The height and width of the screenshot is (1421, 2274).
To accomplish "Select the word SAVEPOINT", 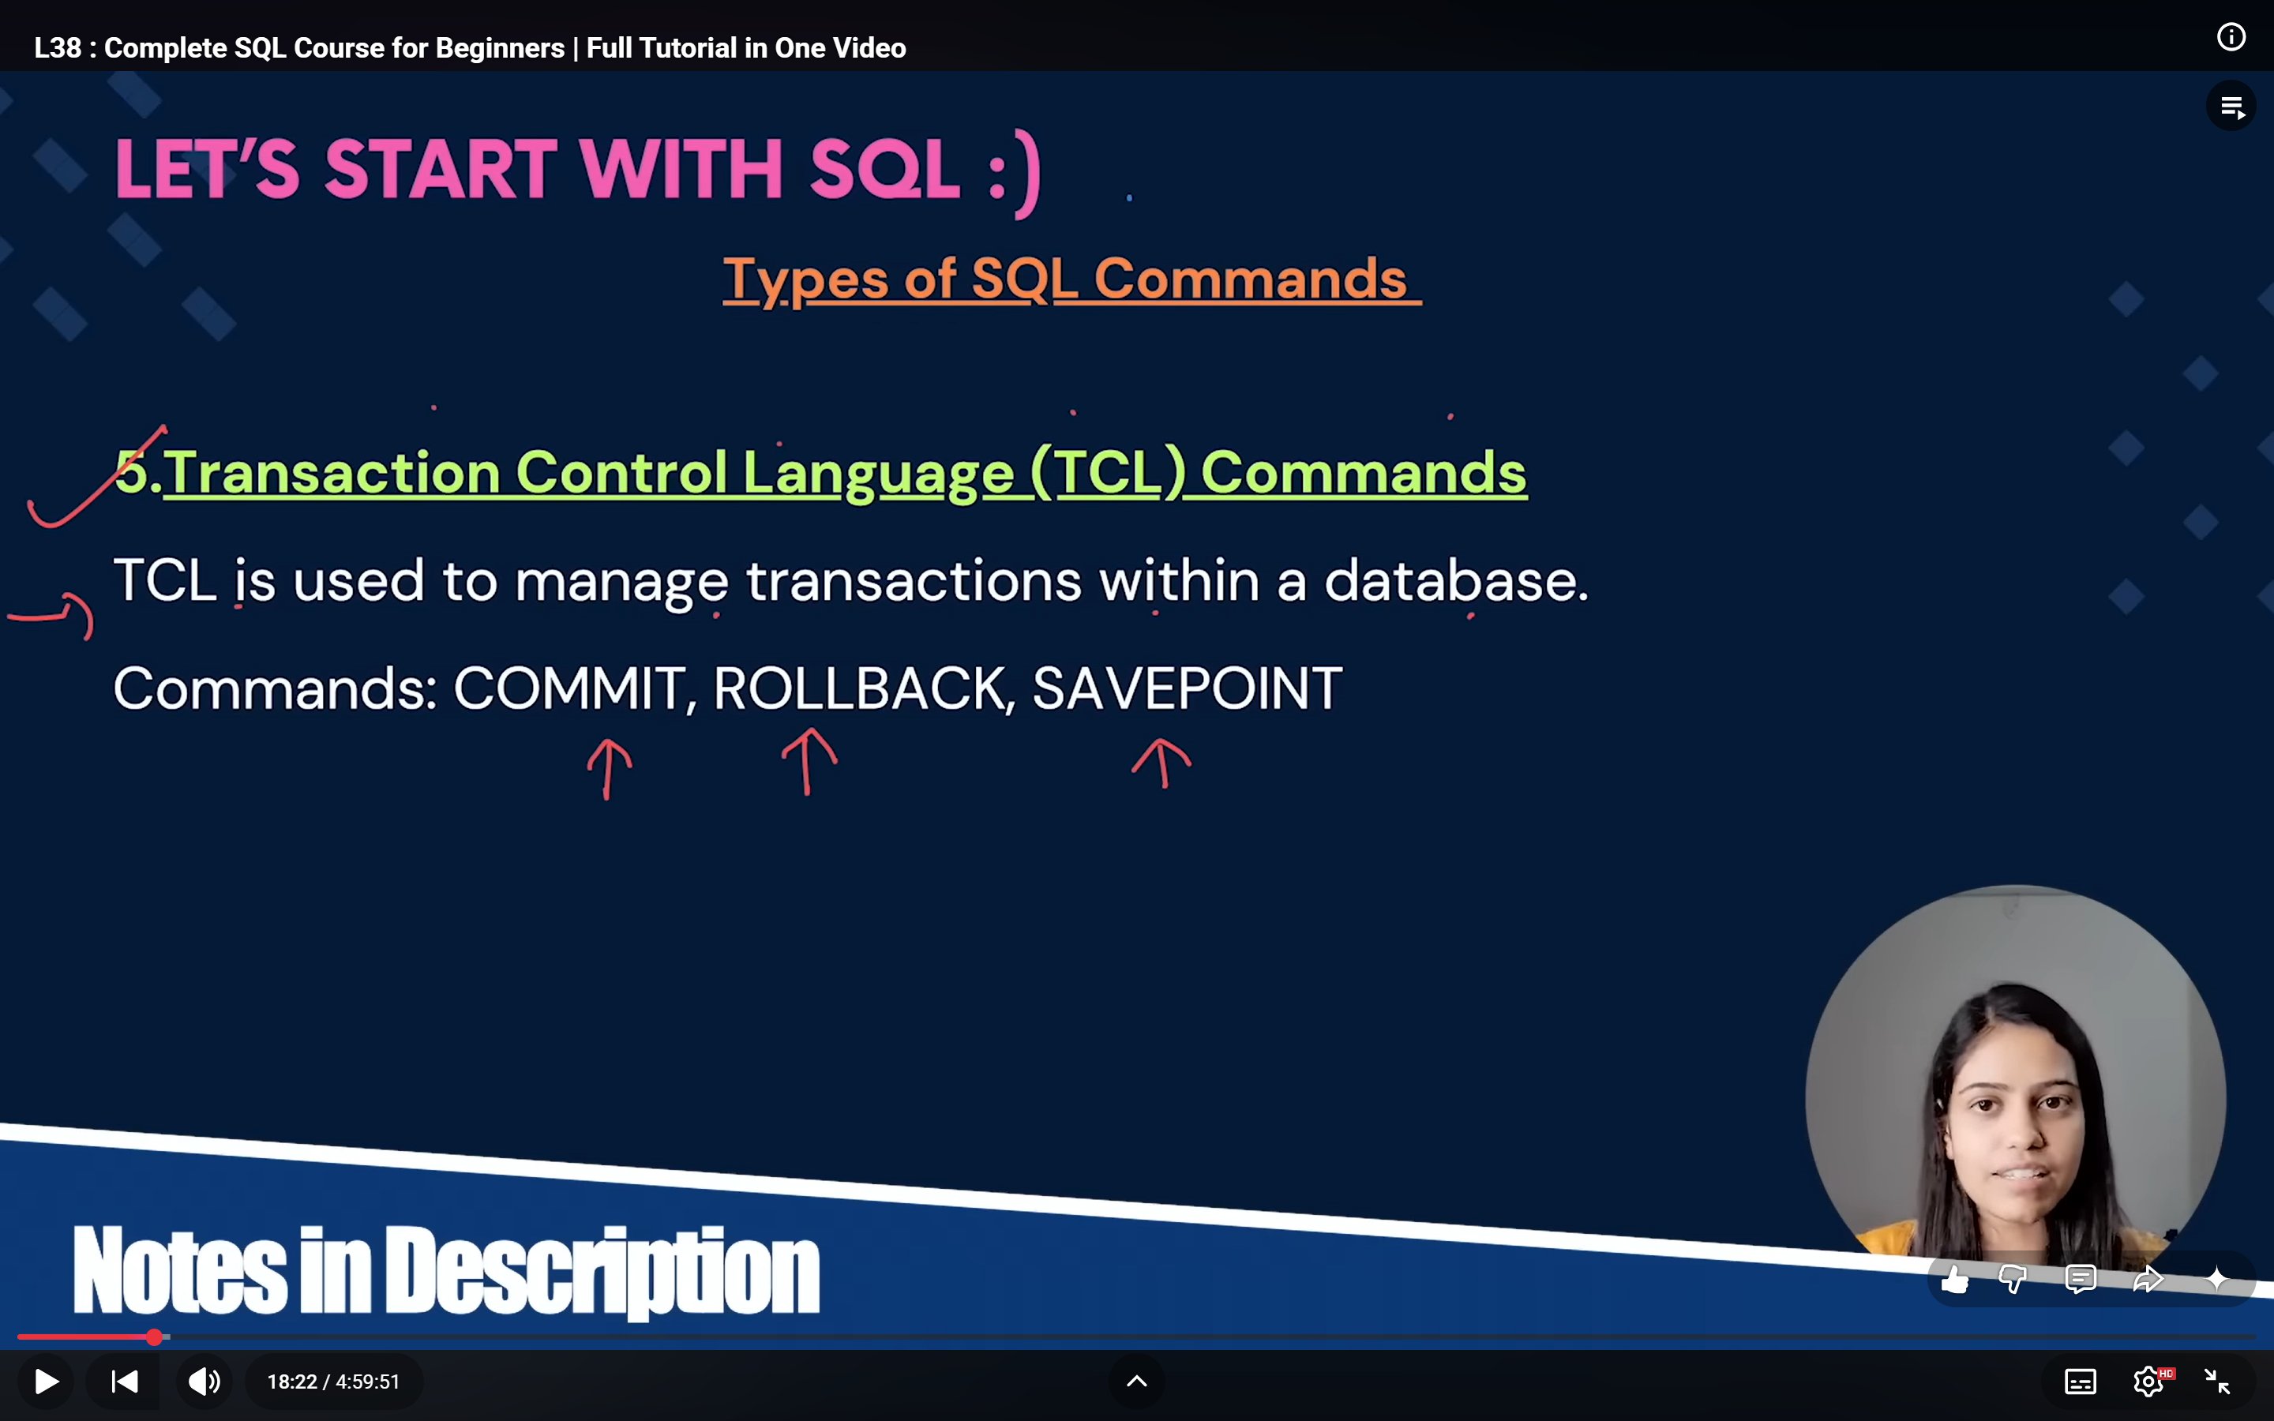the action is click(x=1187, y=689).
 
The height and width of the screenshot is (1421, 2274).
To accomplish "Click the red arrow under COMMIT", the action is click(x=609, y=769).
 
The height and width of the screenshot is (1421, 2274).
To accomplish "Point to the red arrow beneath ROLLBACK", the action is click(x=808, y=761).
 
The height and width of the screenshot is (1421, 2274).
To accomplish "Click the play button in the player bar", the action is click(x=46, y=1382).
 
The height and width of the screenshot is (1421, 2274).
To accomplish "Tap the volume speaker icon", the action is click(x=204, y=1382).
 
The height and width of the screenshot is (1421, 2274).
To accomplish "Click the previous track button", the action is click(x=125, y=1382).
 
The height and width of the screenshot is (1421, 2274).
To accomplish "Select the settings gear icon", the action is click(x=2149, y=1382).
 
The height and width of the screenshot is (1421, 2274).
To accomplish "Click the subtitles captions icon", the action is click(x=2081, y=1382).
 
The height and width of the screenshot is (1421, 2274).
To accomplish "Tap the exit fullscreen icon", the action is click(x=2218, y=1382).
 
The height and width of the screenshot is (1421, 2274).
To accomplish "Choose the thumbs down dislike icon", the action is click(x=2013, y=1279).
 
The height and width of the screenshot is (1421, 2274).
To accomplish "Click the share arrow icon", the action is click(x=2149, y=1279).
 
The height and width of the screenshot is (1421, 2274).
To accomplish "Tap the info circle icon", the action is click(x=2231, y=38).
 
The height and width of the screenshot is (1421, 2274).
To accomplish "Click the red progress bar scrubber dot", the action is click(x=154, y=1337).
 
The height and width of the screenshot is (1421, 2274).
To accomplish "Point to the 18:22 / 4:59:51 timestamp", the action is click(x=333, y=1382).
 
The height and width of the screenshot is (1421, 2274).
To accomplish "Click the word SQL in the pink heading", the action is click(x=884, y=170).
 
